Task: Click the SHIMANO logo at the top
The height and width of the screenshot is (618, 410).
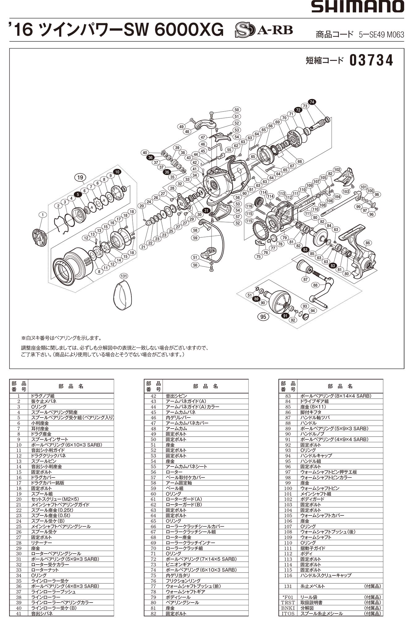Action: click(357, 7)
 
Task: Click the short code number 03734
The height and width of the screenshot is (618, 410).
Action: click(371, 61)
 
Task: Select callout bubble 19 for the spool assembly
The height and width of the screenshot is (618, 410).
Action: click(80, 177)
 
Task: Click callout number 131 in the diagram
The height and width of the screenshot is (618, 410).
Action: click(124, 276)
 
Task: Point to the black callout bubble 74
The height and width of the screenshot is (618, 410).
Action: click(312, 102)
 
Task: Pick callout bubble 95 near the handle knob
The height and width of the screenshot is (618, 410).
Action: click(263, 316)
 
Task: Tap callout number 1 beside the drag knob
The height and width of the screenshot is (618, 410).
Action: click(43, 214)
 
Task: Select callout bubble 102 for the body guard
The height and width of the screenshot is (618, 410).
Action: click(337, 169)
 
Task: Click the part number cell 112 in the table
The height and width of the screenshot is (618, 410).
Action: click(288, 554)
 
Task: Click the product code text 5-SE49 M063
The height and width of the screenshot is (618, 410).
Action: click(381, 35)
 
